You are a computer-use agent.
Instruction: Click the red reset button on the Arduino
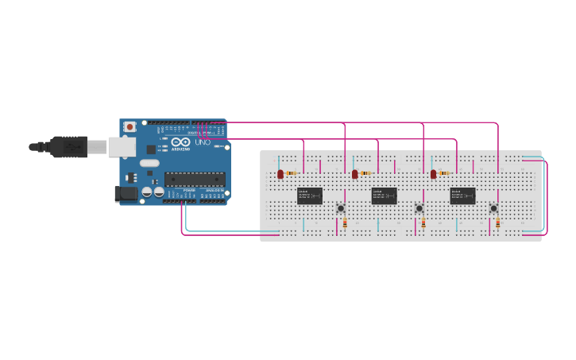coord(130,126)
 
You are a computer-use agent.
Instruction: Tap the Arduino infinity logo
coord(176,142)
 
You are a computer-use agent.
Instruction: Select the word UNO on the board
coord(202,142)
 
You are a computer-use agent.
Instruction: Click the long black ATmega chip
coord(195,180)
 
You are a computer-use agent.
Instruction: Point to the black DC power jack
coord(126,193)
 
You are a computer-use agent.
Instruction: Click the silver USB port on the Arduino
coord(122,146)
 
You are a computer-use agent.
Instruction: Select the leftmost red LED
coord(280,174)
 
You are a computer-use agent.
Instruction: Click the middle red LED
coord(355,174)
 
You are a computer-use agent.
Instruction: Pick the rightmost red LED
coord(434,174)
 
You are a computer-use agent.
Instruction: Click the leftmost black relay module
coord(310,195)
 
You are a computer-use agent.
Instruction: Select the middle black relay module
coord(384,195)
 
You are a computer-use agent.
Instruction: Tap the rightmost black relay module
coord(462,195)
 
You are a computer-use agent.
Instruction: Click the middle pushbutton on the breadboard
coord(419,209)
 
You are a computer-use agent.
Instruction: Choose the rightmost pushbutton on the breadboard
coord(493,209)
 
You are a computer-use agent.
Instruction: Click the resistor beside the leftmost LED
coord(292,173)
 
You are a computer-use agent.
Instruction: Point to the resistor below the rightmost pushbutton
coord(498,223)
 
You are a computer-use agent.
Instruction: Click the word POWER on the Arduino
coord(189,191)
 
